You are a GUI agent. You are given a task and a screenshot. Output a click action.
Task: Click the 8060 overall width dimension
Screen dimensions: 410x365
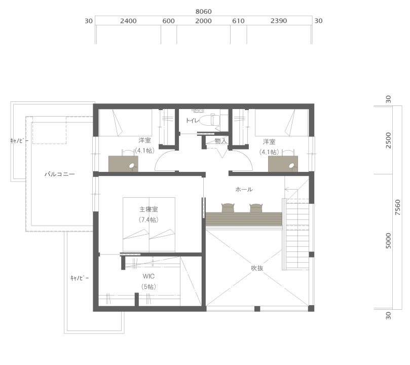[x=203, y=12]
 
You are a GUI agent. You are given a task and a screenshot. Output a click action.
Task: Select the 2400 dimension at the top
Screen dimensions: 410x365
[x=128, y=21]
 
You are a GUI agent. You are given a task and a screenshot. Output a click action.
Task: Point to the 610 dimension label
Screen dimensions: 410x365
[x=238, y=21]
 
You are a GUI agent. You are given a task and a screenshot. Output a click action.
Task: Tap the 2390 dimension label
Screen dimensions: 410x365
[x=278, y=21]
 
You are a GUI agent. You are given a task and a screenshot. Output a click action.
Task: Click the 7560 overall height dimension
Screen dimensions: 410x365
[x=398, y=207]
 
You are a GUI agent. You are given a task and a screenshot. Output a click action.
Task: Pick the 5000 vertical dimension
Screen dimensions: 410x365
[x=389, y=240]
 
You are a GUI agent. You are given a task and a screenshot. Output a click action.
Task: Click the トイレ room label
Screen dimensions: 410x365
[x=192, y=121]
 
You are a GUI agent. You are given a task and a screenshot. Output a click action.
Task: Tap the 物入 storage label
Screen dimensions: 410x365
[x=220, y=140]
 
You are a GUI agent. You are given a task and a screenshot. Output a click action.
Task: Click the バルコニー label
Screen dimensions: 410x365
[x=60, y=174]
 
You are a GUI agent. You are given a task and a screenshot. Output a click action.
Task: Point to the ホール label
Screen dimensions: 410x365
[x=244, y=189]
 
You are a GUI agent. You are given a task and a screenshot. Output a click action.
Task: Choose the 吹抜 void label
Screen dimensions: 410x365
[x=257, y=268]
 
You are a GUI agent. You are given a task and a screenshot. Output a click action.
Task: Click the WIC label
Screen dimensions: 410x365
[x=148, y=276]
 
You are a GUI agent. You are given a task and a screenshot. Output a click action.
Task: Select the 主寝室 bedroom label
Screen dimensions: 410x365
[x=148, y=209]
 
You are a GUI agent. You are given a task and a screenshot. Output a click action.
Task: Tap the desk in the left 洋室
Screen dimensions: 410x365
[x=123, y=164]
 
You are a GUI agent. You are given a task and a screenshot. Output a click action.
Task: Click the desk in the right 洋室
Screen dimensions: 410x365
[x=283, y=164]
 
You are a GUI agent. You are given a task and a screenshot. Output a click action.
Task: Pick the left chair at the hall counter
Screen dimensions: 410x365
[x=228, y=208]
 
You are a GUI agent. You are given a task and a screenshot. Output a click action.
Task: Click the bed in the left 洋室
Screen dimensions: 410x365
[x=125, y=123]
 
